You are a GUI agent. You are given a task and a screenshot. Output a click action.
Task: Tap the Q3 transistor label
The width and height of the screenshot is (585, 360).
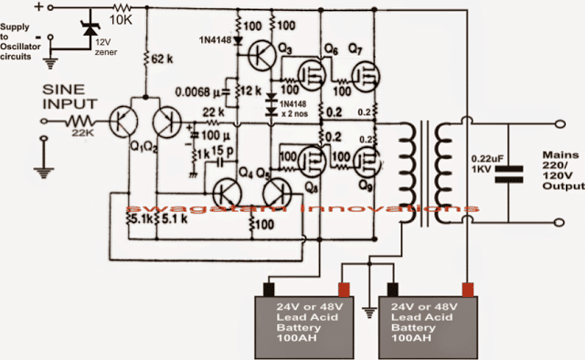coord(285,46)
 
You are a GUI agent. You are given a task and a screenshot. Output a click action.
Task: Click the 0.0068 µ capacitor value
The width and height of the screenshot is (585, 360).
coord(202,91)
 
